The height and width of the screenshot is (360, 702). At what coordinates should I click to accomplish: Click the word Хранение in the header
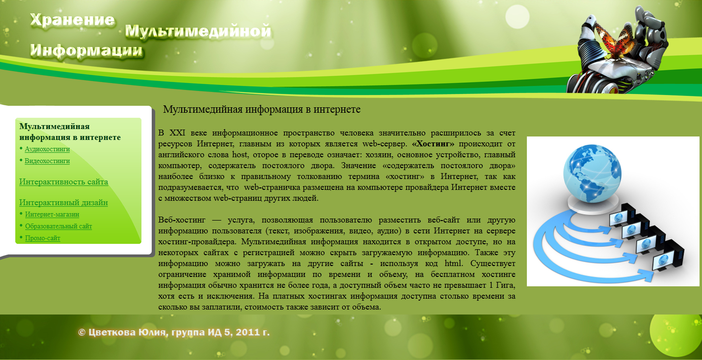(x=72, y=20)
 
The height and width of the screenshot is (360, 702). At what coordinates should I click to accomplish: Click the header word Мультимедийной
(x=198, y=32)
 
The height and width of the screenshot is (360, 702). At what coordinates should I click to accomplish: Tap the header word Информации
(x=86, y=50)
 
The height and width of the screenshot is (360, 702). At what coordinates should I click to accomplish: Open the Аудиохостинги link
(x=47, y=149)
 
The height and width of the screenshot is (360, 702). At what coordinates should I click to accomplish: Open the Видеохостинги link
(x=47, y=161)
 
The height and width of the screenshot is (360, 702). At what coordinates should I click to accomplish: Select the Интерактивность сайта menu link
(x=63, y=181)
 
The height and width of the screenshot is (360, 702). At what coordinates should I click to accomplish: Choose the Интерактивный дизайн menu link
(x=63, y=202)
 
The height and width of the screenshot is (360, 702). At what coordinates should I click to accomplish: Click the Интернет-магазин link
(x=52, y=214)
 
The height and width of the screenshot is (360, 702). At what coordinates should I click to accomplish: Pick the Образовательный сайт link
(x=58, y=226)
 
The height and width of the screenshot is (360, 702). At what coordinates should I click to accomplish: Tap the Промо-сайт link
(x=43, y=238)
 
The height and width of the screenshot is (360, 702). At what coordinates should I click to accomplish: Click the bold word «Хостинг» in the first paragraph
(x=433, y=144)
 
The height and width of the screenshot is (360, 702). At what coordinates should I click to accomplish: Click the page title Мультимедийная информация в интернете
(x=262, y=109)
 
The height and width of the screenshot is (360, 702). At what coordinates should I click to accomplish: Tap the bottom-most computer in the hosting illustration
(x=668, y=260)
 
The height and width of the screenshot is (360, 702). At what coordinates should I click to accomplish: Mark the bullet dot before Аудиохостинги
(x=21, y=148)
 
